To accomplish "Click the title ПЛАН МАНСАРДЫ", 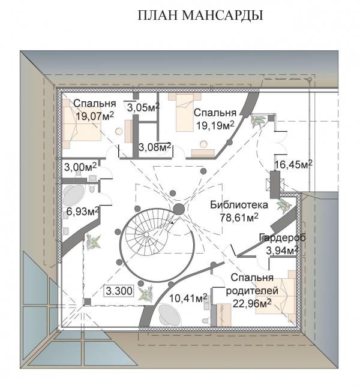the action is pos(200,16).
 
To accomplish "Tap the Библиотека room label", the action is pos(239,205).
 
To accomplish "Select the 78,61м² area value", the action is pos(239,218).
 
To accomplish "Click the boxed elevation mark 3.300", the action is pos(119,291).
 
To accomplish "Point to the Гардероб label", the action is pos(283,238).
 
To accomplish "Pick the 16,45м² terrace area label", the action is pos(294,164).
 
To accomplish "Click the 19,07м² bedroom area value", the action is pos(95,116).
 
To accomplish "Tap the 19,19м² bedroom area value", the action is pos(215,125).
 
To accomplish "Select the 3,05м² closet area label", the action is pos(143,107).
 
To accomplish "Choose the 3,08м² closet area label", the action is pos(155,147).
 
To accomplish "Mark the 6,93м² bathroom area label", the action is pos(83,212).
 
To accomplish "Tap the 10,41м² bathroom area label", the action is pos(188,298).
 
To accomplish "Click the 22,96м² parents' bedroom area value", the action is pos(252,303).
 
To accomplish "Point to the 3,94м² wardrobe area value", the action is pos(283,251).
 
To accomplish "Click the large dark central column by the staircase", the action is pos(179,209).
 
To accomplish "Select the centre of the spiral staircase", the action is pos(146,234).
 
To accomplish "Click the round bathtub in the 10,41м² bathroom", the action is pos(170,315).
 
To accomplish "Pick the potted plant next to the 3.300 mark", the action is pos(146,292).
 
